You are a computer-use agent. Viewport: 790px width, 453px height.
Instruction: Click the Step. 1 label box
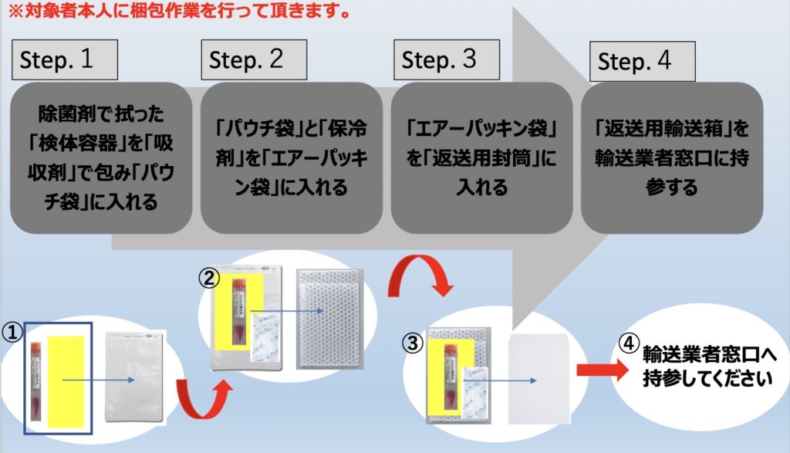(65, 60)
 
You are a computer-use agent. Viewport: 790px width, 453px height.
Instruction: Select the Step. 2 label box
(254, 60)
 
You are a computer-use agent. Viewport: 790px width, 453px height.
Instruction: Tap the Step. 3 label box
(447, 60)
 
